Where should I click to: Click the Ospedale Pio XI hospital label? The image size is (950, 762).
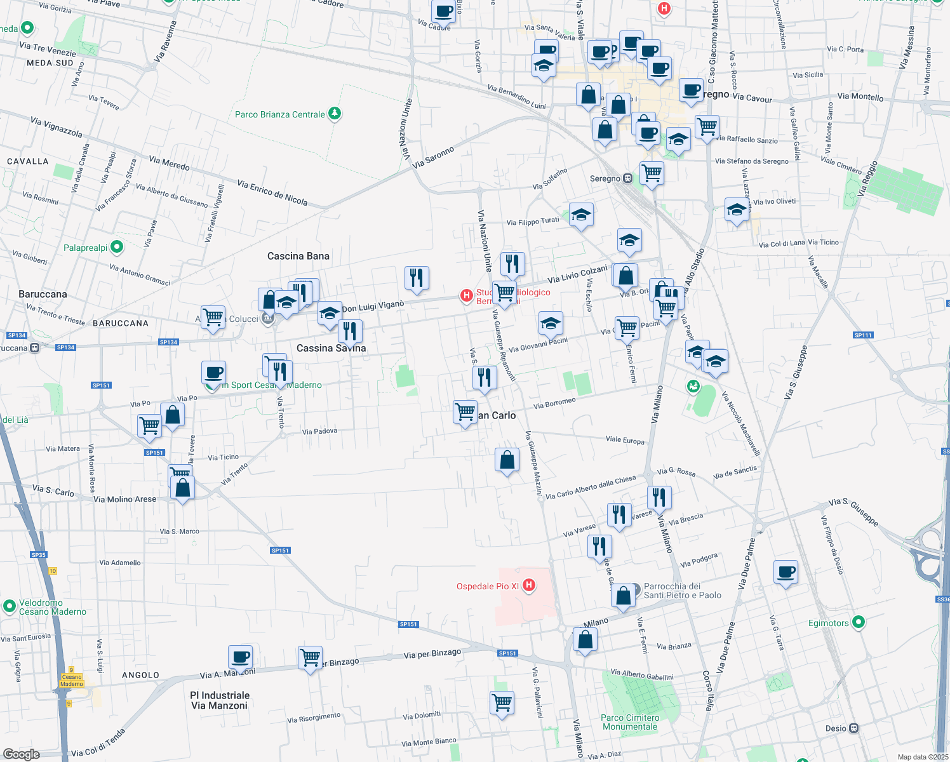click(488, 586)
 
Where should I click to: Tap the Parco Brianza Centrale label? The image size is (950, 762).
click(280, 114)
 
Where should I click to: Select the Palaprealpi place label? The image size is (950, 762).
click(86, 248)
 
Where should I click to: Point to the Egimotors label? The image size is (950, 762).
click(829, 623)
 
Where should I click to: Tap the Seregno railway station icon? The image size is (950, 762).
click(627, 178)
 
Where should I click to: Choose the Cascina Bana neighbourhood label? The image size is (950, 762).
click(298, 256)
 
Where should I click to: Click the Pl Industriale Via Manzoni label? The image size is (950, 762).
click(220, 700)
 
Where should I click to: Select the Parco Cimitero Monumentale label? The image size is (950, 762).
click(630, 722)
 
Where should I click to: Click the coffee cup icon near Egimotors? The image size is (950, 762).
click(786, 572)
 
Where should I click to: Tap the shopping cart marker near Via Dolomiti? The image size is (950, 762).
click(502, 702)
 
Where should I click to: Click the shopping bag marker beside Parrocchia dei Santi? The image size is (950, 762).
click(624, 596)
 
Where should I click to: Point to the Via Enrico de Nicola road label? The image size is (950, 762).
click(272, 192)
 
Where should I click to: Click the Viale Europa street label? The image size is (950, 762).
click(625, 440)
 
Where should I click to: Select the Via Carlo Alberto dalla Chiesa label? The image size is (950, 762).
click(591, 486)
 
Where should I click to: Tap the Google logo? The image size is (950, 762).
click(21, 754)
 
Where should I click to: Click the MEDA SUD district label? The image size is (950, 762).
click(50, 63)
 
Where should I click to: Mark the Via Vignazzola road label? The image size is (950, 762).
click(57, 127)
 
